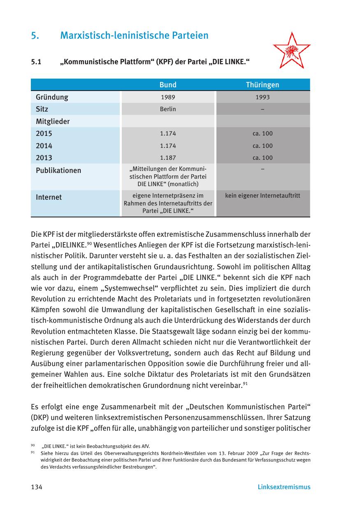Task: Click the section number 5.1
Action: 37,63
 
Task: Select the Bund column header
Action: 168,85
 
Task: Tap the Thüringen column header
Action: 262,85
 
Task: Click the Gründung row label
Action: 52,98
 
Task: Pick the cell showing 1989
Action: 168,98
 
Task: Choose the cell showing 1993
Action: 262,98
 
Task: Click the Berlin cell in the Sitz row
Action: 168,109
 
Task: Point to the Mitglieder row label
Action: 53,121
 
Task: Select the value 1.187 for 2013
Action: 168,158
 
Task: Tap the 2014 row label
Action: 44,146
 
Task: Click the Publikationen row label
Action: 58,170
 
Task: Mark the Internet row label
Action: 49,197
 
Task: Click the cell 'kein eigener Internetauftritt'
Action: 262,196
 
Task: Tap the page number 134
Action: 37,487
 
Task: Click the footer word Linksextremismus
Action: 284,487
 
